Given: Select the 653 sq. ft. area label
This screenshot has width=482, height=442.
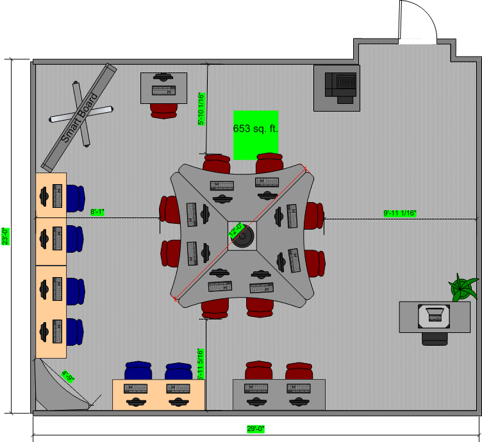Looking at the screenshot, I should point(255,129).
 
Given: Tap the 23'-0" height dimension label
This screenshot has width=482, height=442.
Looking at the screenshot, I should point(5,237).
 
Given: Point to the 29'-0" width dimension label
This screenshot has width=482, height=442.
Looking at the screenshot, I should point(255,429).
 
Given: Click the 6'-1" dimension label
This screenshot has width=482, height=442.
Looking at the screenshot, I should point(97,212).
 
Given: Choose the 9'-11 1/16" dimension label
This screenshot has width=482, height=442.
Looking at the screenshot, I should point(400,213).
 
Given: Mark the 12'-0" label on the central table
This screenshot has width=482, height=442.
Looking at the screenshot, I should point(236,230).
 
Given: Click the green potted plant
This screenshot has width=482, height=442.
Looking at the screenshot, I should point(462,288).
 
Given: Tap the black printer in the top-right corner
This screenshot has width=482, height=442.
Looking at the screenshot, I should point(340,86).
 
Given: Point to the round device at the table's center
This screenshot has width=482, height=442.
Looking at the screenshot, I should point(244,238).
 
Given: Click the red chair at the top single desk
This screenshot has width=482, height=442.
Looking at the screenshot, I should point(163,110).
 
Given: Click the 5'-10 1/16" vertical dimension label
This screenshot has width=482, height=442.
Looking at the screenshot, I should point(201,108).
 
